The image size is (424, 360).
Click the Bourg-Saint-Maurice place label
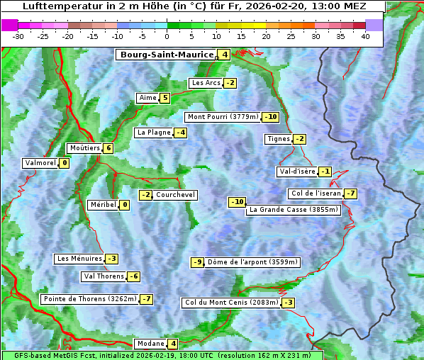click(167, 55)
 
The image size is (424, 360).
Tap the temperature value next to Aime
click(164, 98)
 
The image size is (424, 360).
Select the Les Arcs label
click(206, 83)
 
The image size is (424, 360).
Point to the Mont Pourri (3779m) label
click(223, 117)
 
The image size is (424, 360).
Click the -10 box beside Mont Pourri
click(270, 117)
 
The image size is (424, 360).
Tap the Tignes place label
click(278, 139)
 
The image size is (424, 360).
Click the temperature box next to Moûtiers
click(108, 148)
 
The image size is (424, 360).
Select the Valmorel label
click(40, 163)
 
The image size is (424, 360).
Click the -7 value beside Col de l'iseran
click(350, 193)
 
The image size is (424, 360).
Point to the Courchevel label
click(175, 195)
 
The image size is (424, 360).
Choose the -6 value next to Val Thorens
click(133, 276)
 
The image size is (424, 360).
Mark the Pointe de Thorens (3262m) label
click(89, 299)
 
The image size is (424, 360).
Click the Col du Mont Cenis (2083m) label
click(230, 303)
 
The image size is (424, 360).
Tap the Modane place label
click(150, 344)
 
